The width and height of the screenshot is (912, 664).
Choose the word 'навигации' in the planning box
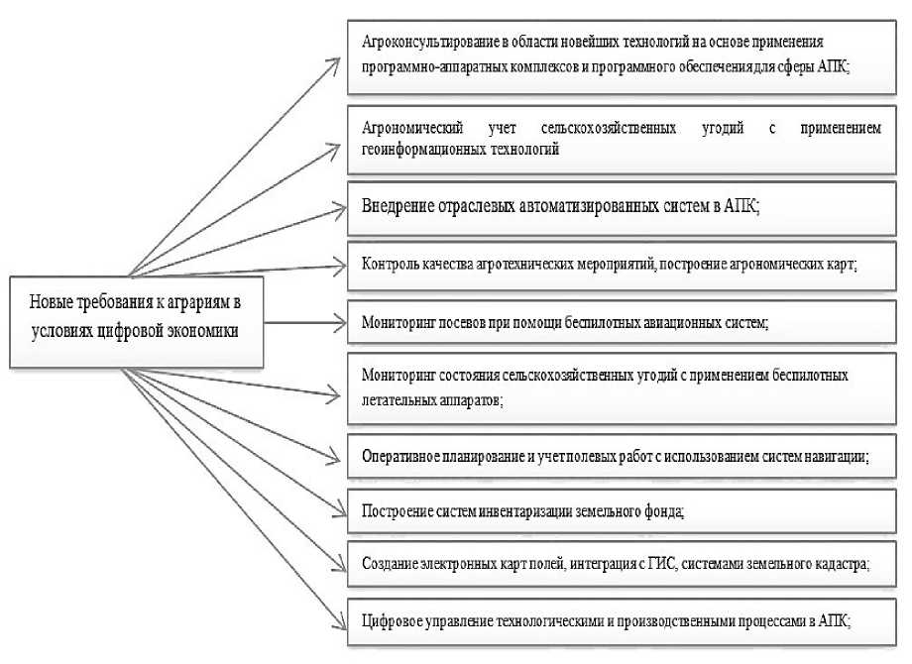[837, 457]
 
